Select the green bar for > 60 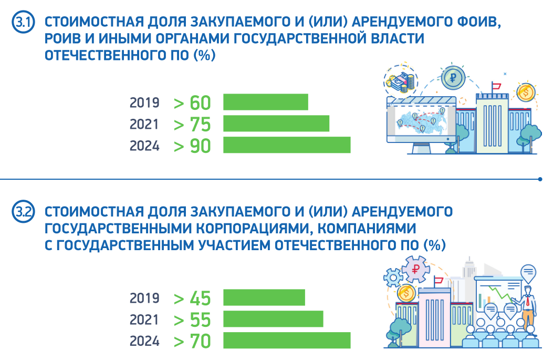(x=265, y=102)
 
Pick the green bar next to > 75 (x=276, y=124)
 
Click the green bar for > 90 (x=286, y=145)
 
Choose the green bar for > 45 (x=264, y=297)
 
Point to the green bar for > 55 (x=273, y=319)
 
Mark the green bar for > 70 (x=286, y=341)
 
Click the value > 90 (x=192, y=146)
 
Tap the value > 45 (x=192, y=298)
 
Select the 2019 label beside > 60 (x=144, y=102)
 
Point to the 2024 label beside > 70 (x=144, y=341)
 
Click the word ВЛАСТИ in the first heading (x=398, y=39)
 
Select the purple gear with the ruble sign (x=415, y=271)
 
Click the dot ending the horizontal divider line (x=541, y=179)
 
